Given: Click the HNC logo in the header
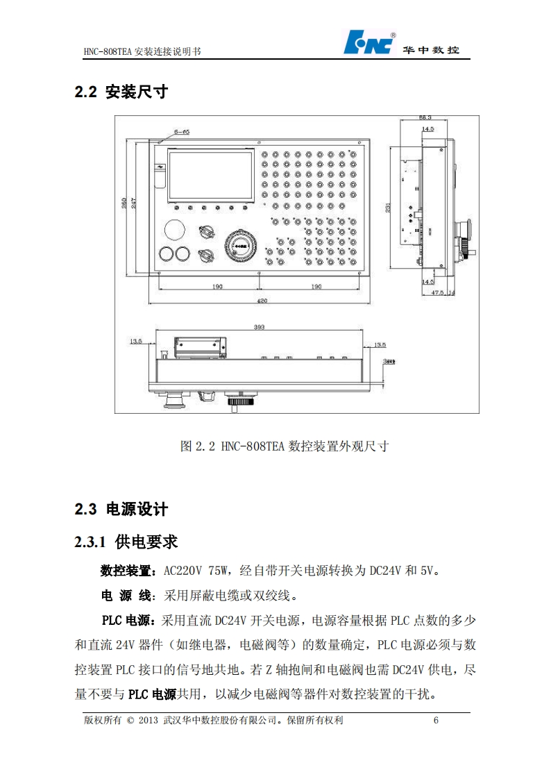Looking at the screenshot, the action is tap(369, 43).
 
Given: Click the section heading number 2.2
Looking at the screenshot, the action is tap(85, 92).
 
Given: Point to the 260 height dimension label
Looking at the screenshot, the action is tap(124, 203).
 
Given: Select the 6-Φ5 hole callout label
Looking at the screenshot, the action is tap(182, 131).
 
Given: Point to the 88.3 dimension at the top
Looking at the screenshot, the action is tap(425, 117).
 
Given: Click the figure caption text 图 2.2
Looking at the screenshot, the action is tap(200, 446).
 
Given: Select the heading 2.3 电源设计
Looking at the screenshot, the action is tap(121, 509).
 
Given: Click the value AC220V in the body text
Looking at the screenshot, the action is tap(185, 571).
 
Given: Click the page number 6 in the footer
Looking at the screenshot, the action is tap(436, 720).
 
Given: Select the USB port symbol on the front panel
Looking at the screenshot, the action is tap(159, 167).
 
